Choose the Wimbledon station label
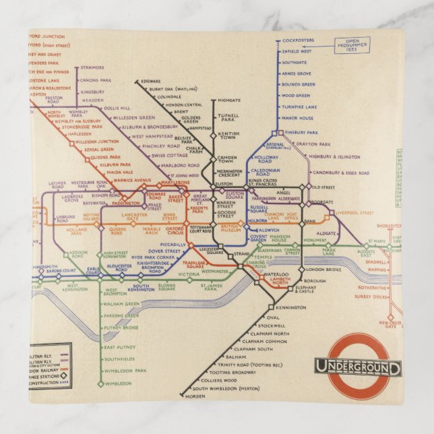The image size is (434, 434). click(x=118, y=383)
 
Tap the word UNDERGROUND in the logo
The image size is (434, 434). click(x=357, y=368)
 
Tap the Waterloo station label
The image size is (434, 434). click(x=275, y=274)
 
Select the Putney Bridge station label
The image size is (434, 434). click(x=121, y=328)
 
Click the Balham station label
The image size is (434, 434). click(x=237, y=356)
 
